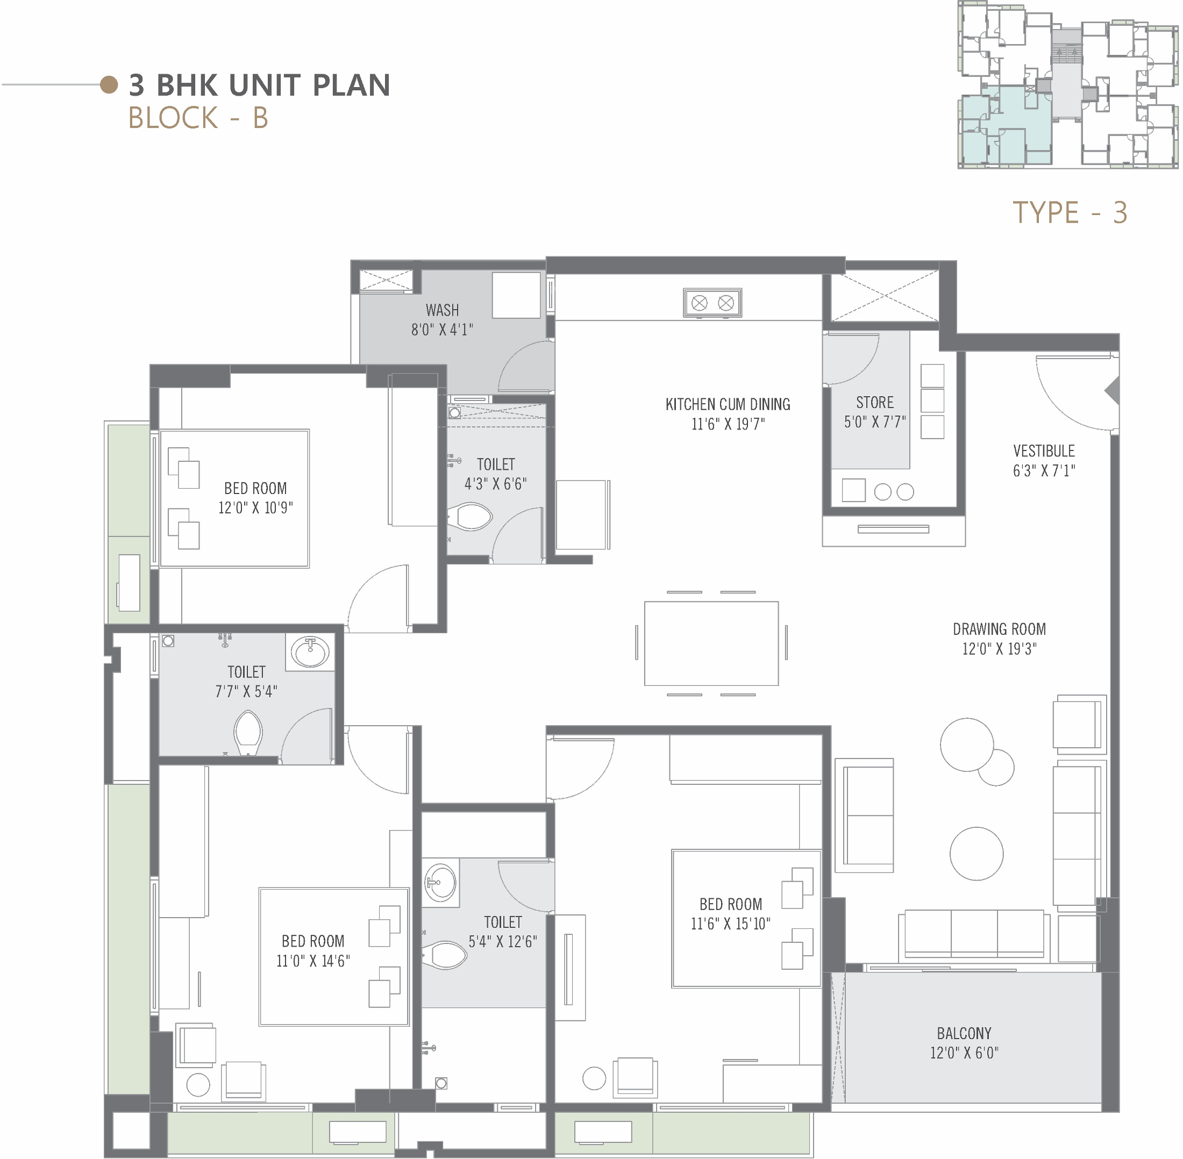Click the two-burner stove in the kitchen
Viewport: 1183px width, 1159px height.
[x=712, y=303]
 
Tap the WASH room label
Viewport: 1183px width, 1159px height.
[x=442, y=311]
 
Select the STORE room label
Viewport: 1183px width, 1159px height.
[x=875, y=402]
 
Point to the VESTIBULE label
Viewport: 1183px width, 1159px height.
[x=1044, y=451]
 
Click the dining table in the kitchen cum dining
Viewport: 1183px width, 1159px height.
[x=711, y=643]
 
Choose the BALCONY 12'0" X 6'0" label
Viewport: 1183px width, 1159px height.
[x=964, y=1043]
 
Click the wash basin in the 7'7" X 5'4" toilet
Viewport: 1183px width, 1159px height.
[x=310, y=652]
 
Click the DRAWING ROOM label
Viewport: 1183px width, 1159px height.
[x=999, y=629]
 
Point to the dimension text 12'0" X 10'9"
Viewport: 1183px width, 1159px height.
[x=256, y=507]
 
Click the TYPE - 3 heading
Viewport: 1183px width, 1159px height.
[x=1070, y=212]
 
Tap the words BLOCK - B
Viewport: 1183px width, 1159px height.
[x=198, y=118]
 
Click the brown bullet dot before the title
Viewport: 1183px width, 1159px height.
[x=109, y=84]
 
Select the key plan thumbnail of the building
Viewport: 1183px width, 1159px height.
[x=1068, y=84]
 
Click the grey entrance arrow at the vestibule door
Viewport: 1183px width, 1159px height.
[x=1113, y=390]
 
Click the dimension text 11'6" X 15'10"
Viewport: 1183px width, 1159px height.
[x=730, y=924]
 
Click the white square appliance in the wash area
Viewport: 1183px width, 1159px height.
[x=516, y=295]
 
